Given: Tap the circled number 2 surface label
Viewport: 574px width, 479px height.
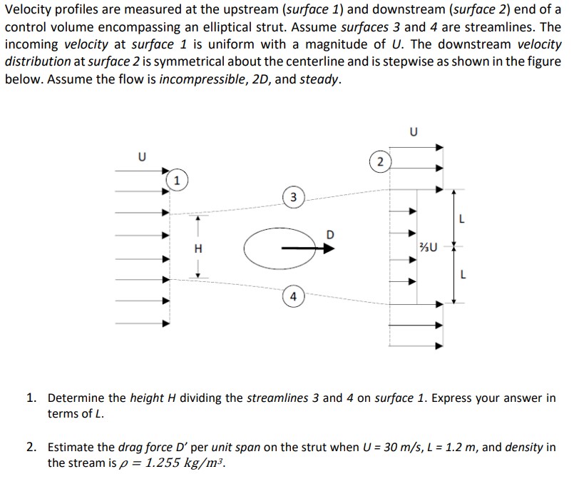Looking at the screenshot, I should point(381,162).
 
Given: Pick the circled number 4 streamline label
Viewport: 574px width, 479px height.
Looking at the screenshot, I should point(293,296).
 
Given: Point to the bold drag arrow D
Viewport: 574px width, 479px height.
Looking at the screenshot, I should point(307,248).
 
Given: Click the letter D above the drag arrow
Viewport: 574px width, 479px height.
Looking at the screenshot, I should point(329,234).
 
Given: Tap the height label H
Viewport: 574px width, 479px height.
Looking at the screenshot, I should point(198,248).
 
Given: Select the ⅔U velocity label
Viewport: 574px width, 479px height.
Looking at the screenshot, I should point(430,248).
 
